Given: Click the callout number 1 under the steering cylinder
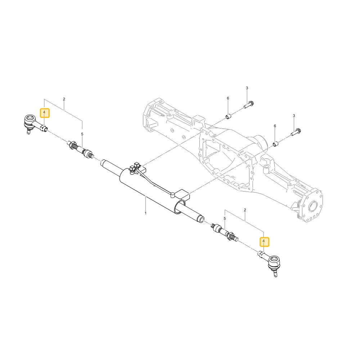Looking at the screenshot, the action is coord(145,213).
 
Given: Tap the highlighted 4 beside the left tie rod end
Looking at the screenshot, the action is coord(45,113).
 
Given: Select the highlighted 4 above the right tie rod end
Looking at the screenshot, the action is coord(264,241).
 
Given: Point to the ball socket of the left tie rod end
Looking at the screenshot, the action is coord(30,119).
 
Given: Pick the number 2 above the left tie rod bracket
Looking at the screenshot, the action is coord(64,99).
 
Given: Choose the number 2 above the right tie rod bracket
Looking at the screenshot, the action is coord(245,210).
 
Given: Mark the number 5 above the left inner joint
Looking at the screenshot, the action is coord(82,134).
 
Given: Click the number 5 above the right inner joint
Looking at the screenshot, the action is coord(225,219).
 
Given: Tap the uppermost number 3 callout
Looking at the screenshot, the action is coord(247,88).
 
